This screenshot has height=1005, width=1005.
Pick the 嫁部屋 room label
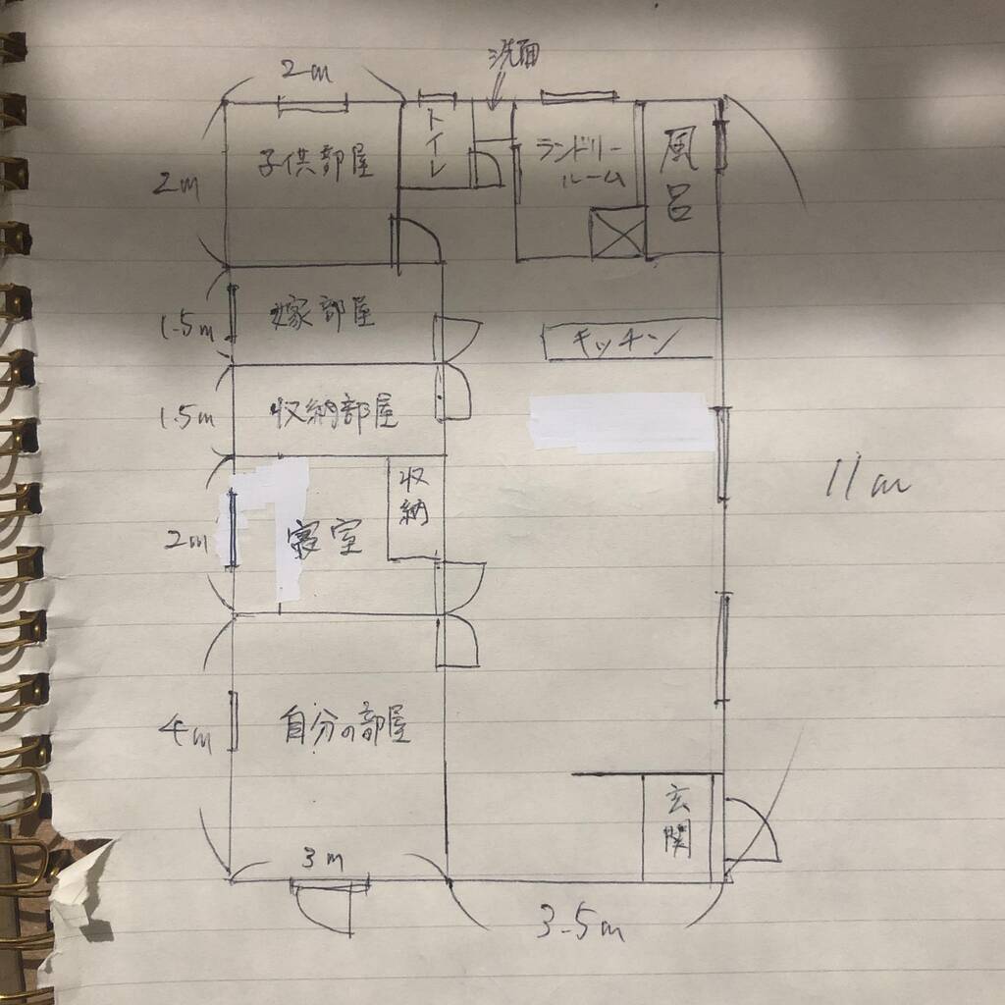(x=322, y=314)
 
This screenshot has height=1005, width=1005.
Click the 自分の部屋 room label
(x=344, y=726)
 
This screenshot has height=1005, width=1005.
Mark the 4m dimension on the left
(x=186, y=731)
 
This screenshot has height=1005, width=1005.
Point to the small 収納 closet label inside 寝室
(x=411, y=498)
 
